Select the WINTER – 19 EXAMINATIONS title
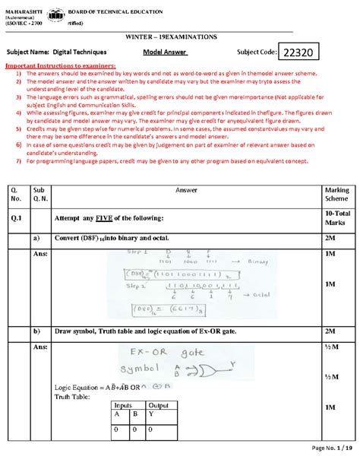coord(179,36)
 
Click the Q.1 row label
coord(14,218)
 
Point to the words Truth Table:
coord(71,396)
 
